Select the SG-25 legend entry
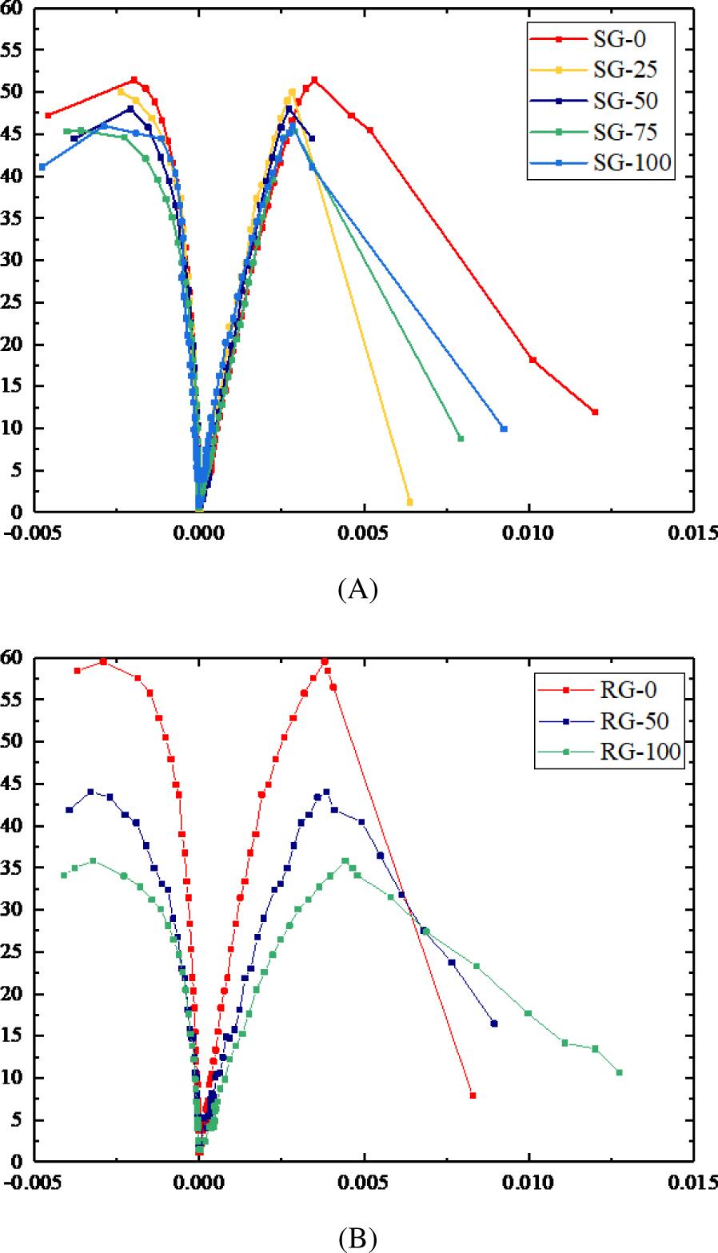coord(612,70)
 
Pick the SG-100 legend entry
coord(612,163)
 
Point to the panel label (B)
coord(357,1238)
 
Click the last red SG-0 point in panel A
coord(595,412)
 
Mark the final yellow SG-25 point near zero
coord(410,502)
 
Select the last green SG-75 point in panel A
coord(461,438)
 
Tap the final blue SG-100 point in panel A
coord(504,429)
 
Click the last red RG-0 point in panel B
coord(473,1095)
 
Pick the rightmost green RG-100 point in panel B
coord(620,1072)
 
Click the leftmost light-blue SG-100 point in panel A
coord(42,167)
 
